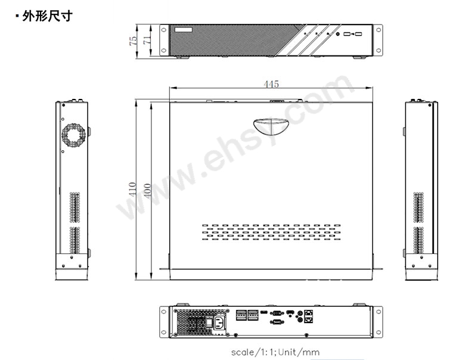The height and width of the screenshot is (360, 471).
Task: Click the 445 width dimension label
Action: click(271, 84)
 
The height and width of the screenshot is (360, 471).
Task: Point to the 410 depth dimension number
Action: click(132, 190)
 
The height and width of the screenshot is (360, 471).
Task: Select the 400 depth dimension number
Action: click(148, 191)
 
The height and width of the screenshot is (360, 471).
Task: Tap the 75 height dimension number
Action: click(133, 41)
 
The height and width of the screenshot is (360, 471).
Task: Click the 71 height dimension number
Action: click(147, 40)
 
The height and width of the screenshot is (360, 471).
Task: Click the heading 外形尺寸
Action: click(47, 16)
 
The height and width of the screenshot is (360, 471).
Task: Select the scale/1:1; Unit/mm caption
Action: click(275, 352)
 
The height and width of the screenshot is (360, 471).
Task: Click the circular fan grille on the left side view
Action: click(73, 136)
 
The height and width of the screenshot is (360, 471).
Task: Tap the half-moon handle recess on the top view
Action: click(271, 127)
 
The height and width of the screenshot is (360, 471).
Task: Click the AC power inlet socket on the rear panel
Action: click(219, 323)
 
